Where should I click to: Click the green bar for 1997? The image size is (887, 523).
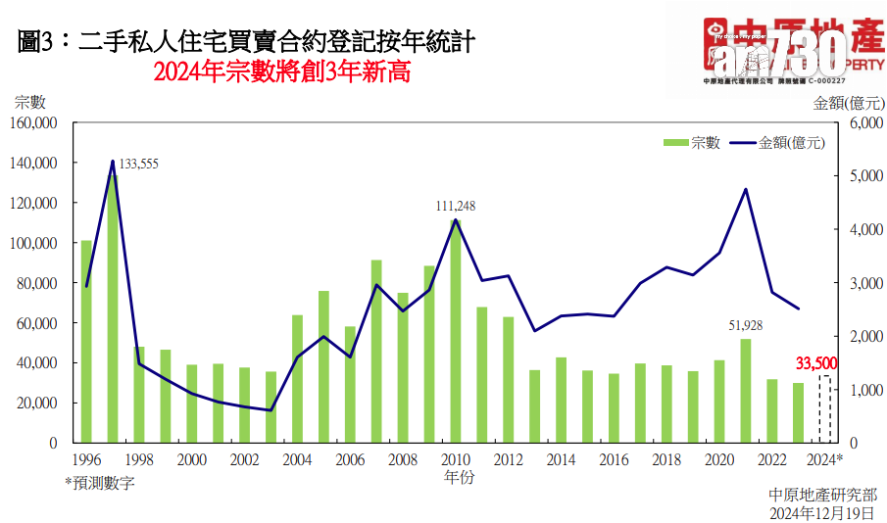113,309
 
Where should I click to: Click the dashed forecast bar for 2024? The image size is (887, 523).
825,408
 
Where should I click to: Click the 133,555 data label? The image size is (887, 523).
138,164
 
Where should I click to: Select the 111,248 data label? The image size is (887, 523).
456,206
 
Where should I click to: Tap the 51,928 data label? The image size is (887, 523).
745,324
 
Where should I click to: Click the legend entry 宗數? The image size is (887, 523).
692,143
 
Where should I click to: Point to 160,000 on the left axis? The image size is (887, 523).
32,123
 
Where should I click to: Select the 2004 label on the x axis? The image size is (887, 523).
297,460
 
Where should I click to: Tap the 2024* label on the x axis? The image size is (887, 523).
825,460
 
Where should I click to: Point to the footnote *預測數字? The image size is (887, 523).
100,482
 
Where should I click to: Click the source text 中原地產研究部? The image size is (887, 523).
823,495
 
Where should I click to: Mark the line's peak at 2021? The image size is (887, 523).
746,189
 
